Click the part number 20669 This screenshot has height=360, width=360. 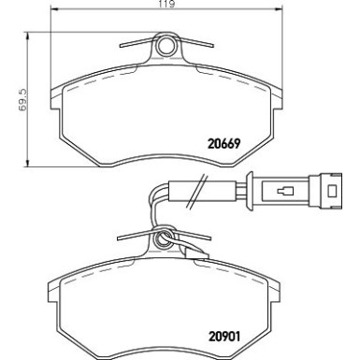[224, 144]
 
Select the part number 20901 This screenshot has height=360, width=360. [224, 337]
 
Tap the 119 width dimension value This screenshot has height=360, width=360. [166, 4]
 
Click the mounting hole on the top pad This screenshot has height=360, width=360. [166, 46]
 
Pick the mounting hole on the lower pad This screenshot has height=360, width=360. [164, 238]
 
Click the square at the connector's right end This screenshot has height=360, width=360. [333, 190]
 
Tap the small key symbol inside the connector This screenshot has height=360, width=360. [285, 191]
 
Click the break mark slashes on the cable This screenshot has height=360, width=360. [197, 191]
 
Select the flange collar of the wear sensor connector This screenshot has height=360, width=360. [250, 191]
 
